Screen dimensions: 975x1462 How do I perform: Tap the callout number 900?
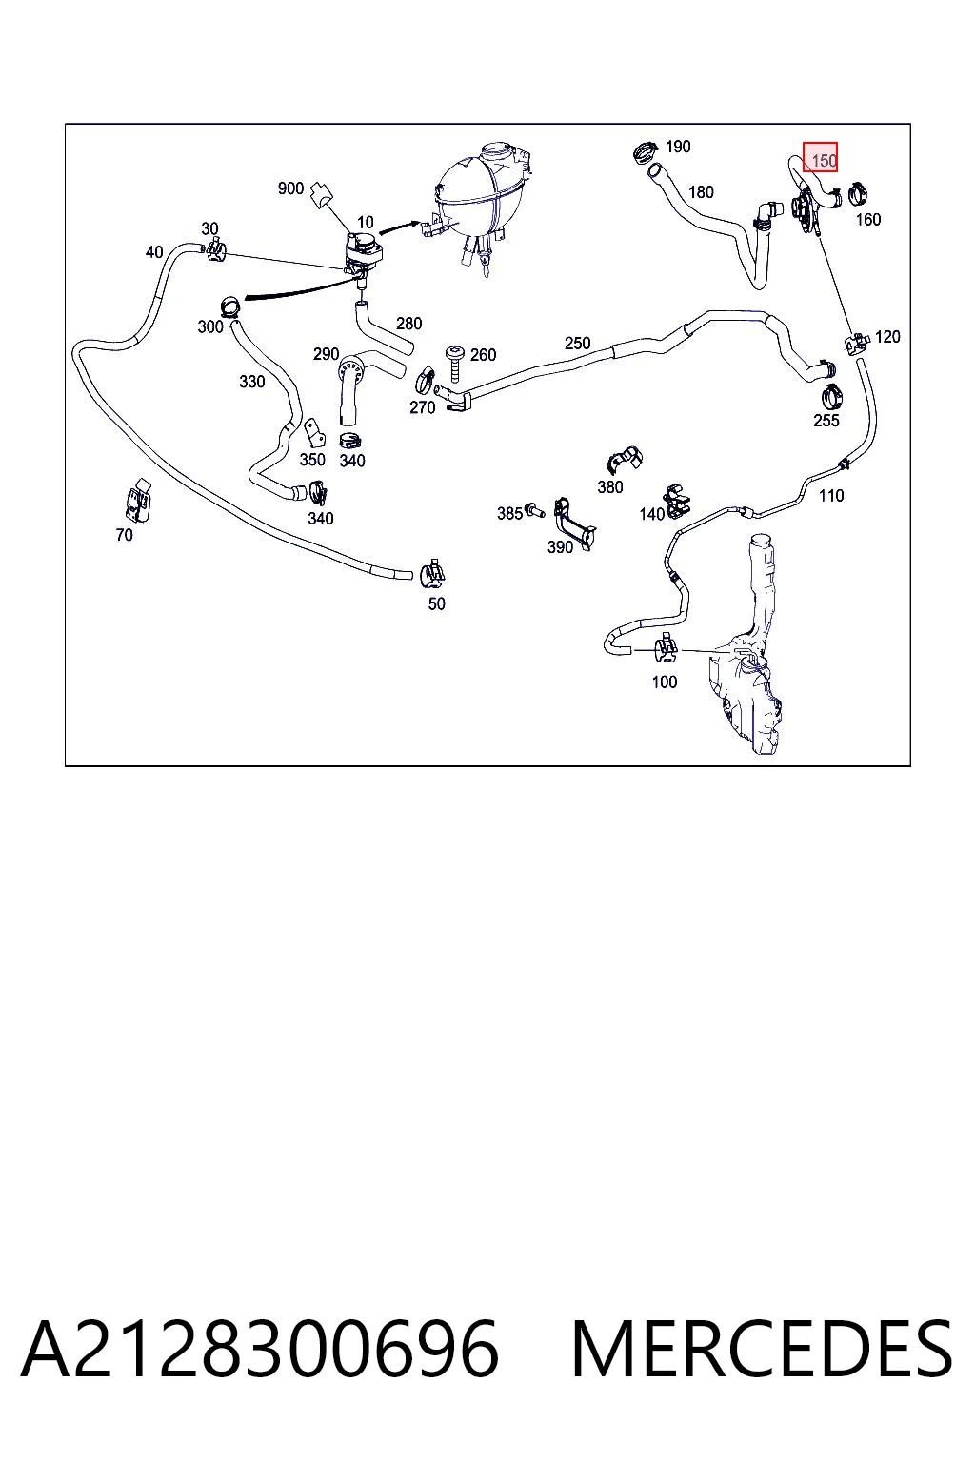[290, 188]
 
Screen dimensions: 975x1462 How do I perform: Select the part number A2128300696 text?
[261, 1350]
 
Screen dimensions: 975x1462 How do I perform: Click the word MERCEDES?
[762, 1350]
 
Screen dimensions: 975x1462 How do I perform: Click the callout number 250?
[577, 344]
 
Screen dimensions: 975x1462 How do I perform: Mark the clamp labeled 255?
[830, 396]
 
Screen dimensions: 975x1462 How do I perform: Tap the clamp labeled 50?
[432, 574]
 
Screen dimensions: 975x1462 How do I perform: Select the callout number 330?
[252, 382]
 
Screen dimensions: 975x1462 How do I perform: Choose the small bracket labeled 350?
[315, 433]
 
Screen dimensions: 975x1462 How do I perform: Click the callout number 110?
[831, 496]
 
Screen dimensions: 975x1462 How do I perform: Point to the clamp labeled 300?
[230, 306]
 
